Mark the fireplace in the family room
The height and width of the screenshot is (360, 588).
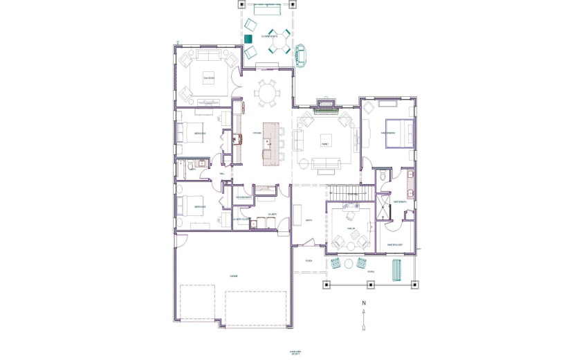(324, 105)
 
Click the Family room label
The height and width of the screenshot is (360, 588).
(324, 143)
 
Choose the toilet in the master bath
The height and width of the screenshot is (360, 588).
(383, 177)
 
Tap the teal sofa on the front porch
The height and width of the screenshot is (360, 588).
(396, 269)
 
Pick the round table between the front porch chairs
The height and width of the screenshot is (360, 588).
(349, 263)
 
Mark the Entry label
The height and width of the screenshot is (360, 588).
(309, 222)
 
